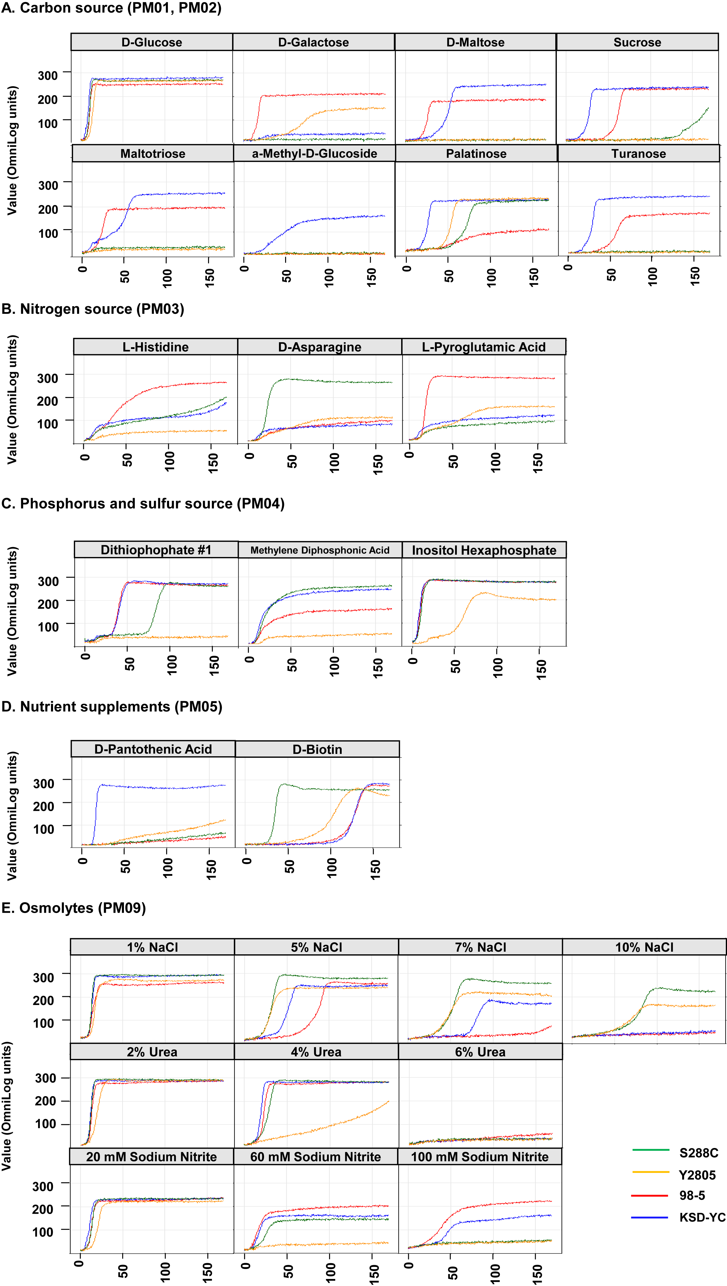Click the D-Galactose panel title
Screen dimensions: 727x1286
click(314, 42)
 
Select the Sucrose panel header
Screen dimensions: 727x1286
click(637, 42)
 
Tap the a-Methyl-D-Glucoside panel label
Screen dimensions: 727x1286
click(315, 154)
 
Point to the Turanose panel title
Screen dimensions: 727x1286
click(639, 154)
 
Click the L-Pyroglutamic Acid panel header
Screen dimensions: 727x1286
click(484, 347)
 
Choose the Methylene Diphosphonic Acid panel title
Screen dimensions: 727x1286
click(320, 550)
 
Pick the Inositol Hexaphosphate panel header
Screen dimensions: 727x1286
click(484, 550)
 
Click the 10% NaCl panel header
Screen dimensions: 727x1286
click(644, 947)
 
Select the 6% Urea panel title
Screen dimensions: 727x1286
click(480, 1052)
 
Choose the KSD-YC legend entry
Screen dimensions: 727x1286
click(678, 1217)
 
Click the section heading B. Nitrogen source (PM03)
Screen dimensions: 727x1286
click(93, 309)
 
